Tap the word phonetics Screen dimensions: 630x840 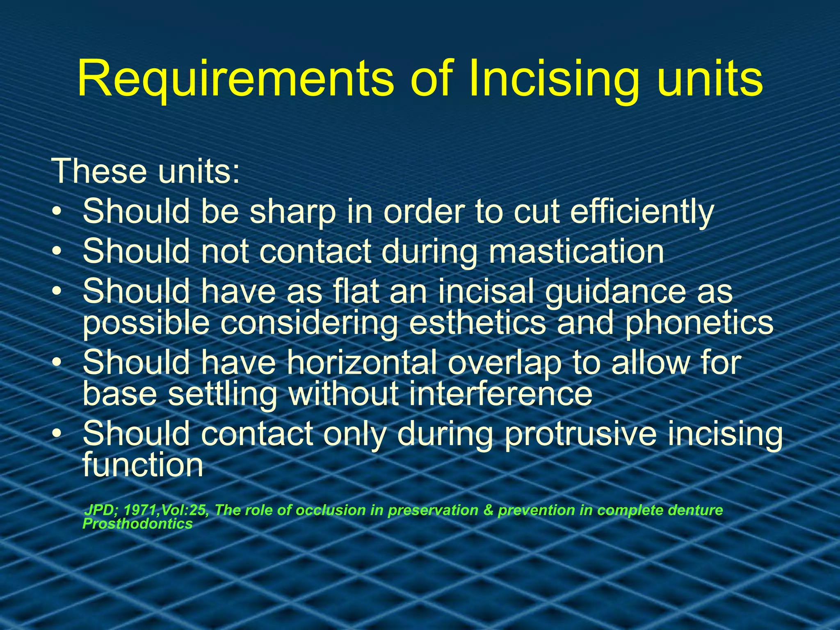tap(699, 323)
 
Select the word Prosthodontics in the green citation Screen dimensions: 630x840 tap(138, 524)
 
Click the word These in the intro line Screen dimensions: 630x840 tap(99, 171)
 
